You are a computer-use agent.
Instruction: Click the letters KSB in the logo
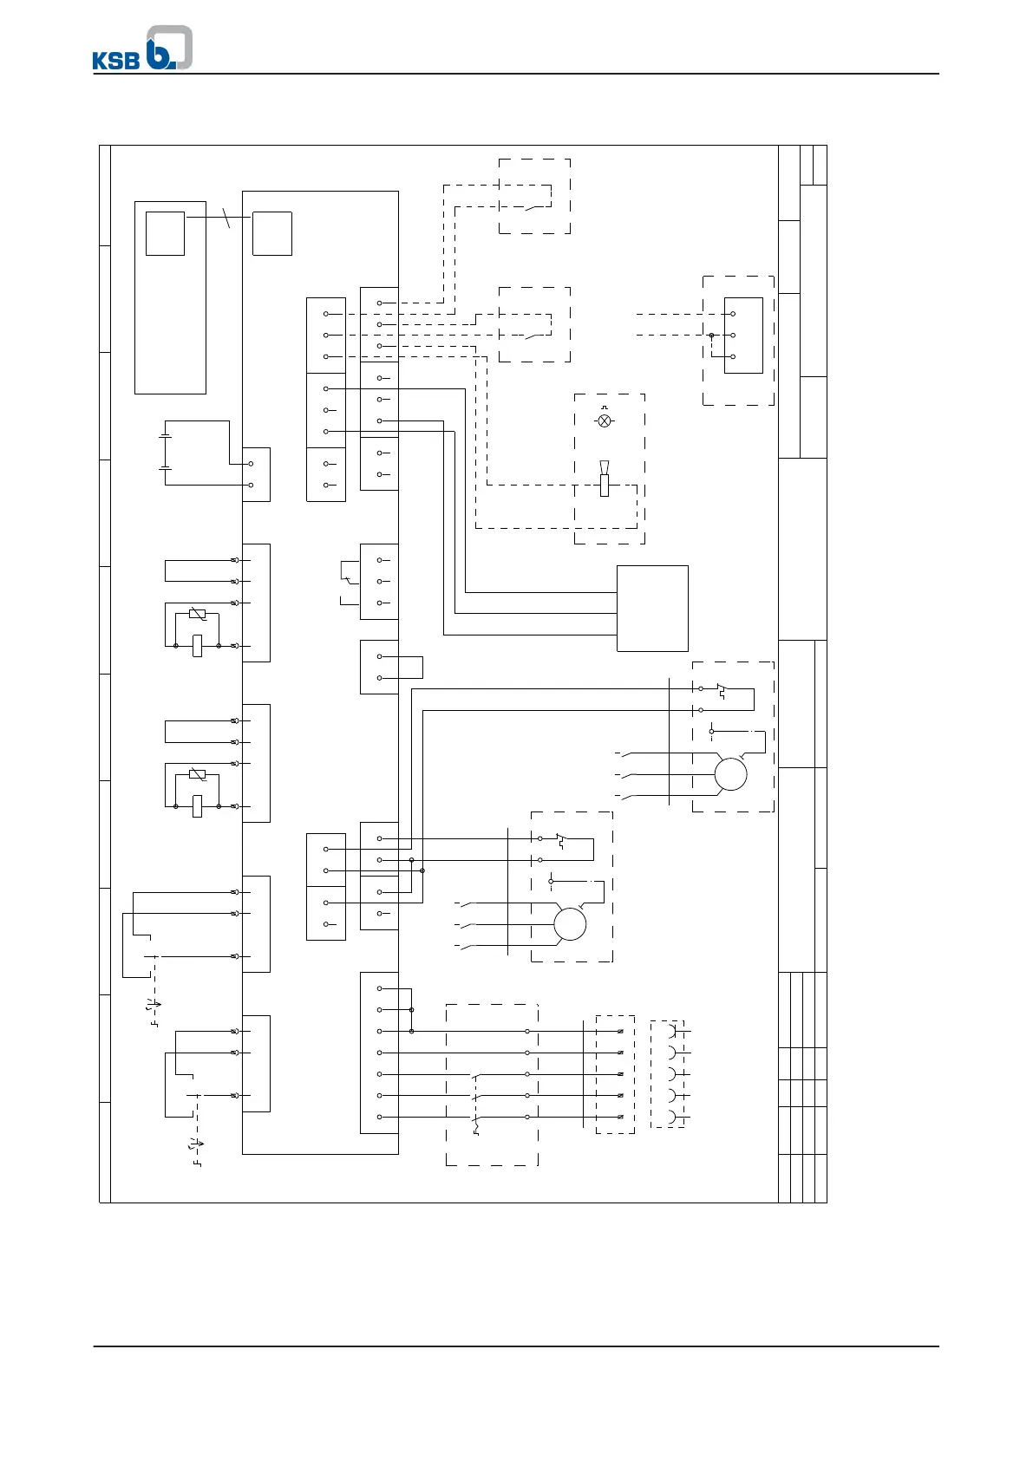116,60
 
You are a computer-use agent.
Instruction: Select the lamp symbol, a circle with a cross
605,420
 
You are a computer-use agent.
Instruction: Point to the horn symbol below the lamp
605,480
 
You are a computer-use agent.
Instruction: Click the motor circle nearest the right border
730,774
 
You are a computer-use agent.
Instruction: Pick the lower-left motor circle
570,924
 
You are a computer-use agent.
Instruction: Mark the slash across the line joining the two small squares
228,218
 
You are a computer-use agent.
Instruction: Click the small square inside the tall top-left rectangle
165,233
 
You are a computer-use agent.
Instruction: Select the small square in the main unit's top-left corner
271,233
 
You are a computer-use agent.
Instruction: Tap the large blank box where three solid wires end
652,608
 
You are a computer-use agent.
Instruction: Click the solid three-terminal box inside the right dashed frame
743,336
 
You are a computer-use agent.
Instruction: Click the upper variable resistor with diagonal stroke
197,615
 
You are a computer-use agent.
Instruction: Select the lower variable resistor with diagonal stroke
197,775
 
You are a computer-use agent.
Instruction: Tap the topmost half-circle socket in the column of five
672,1032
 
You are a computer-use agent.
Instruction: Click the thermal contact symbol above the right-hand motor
720,691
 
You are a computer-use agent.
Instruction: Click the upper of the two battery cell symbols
165,438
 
